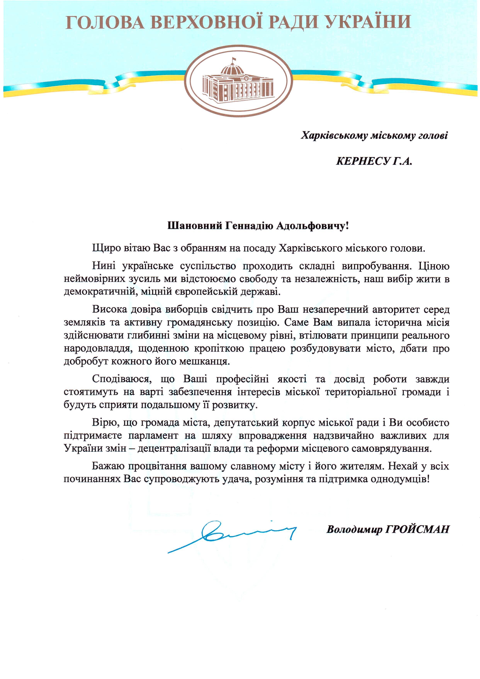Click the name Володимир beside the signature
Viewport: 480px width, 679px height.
(354, 529)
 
